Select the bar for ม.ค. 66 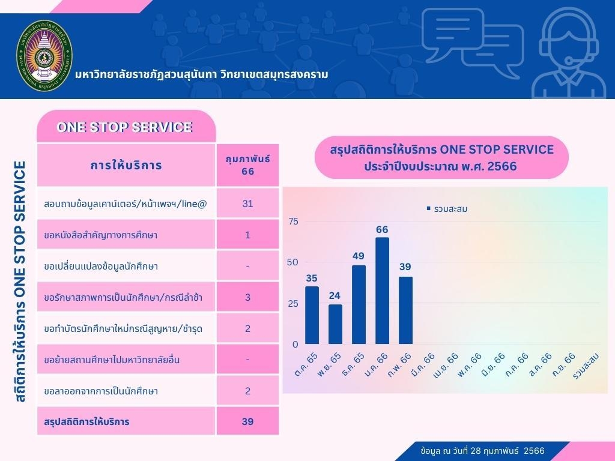(x=382, y=291)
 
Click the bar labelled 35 (x=312, y=315)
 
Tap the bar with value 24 (x=335, y=324)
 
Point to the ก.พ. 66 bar (x=406, y=310)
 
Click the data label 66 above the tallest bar (x=382, y=229)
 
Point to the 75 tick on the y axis (x=293, y=221)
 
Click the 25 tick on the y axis (x=293, y=304)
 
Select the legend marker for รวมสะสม (x=428, y=209)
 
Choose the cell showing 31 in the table (x=247, y=203)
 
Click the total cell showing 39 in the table (x=247, y=421)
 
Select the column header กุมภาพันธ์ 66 (x=247, y=165)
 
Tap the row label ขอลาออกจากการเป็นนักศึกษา (x=101, y=391)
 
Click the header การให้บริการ (x=126, y=165)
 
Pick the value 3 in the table (x=247, y=297)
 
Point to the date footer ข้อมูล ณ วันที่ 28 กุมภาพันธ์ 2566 (x=483, y=450)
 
